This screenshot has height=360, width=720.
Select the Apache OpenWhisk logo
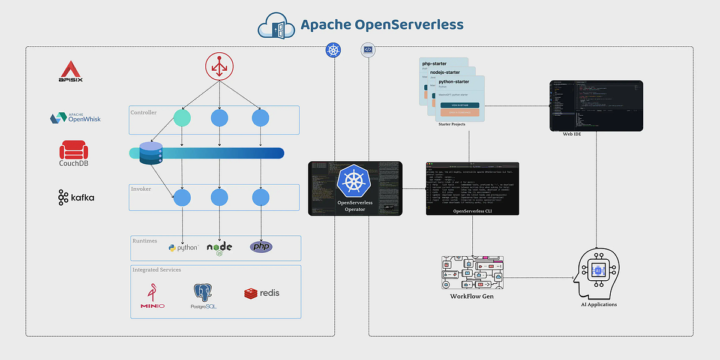pos(75,117)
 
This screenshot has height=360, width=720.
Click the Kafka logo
pos(76,197)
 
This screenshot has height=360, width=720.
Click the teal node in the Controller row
pos(182,118)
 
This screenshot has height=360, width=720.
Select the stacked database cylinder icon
pos(151,153)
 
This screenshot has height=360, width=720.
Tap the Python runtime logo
pos(183,247)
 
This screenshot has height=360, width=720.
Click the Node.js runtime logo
pos(220,248)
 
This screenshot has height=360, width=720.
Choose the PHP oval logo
pos(261,247)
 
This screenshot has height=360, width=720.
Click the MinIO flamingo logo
pos(152,296)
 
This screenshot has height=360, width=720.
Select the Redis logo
pos(262,293)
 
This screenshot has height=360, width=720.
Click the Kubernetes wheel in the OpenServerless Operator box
pos(355,182)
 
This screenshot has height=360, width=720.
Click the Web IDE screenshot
pos(596,106)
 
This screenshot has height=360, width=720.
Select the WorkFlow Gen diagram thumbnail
pos(472,273)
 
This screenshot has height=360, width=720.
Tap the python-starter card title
pos(454,81)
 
